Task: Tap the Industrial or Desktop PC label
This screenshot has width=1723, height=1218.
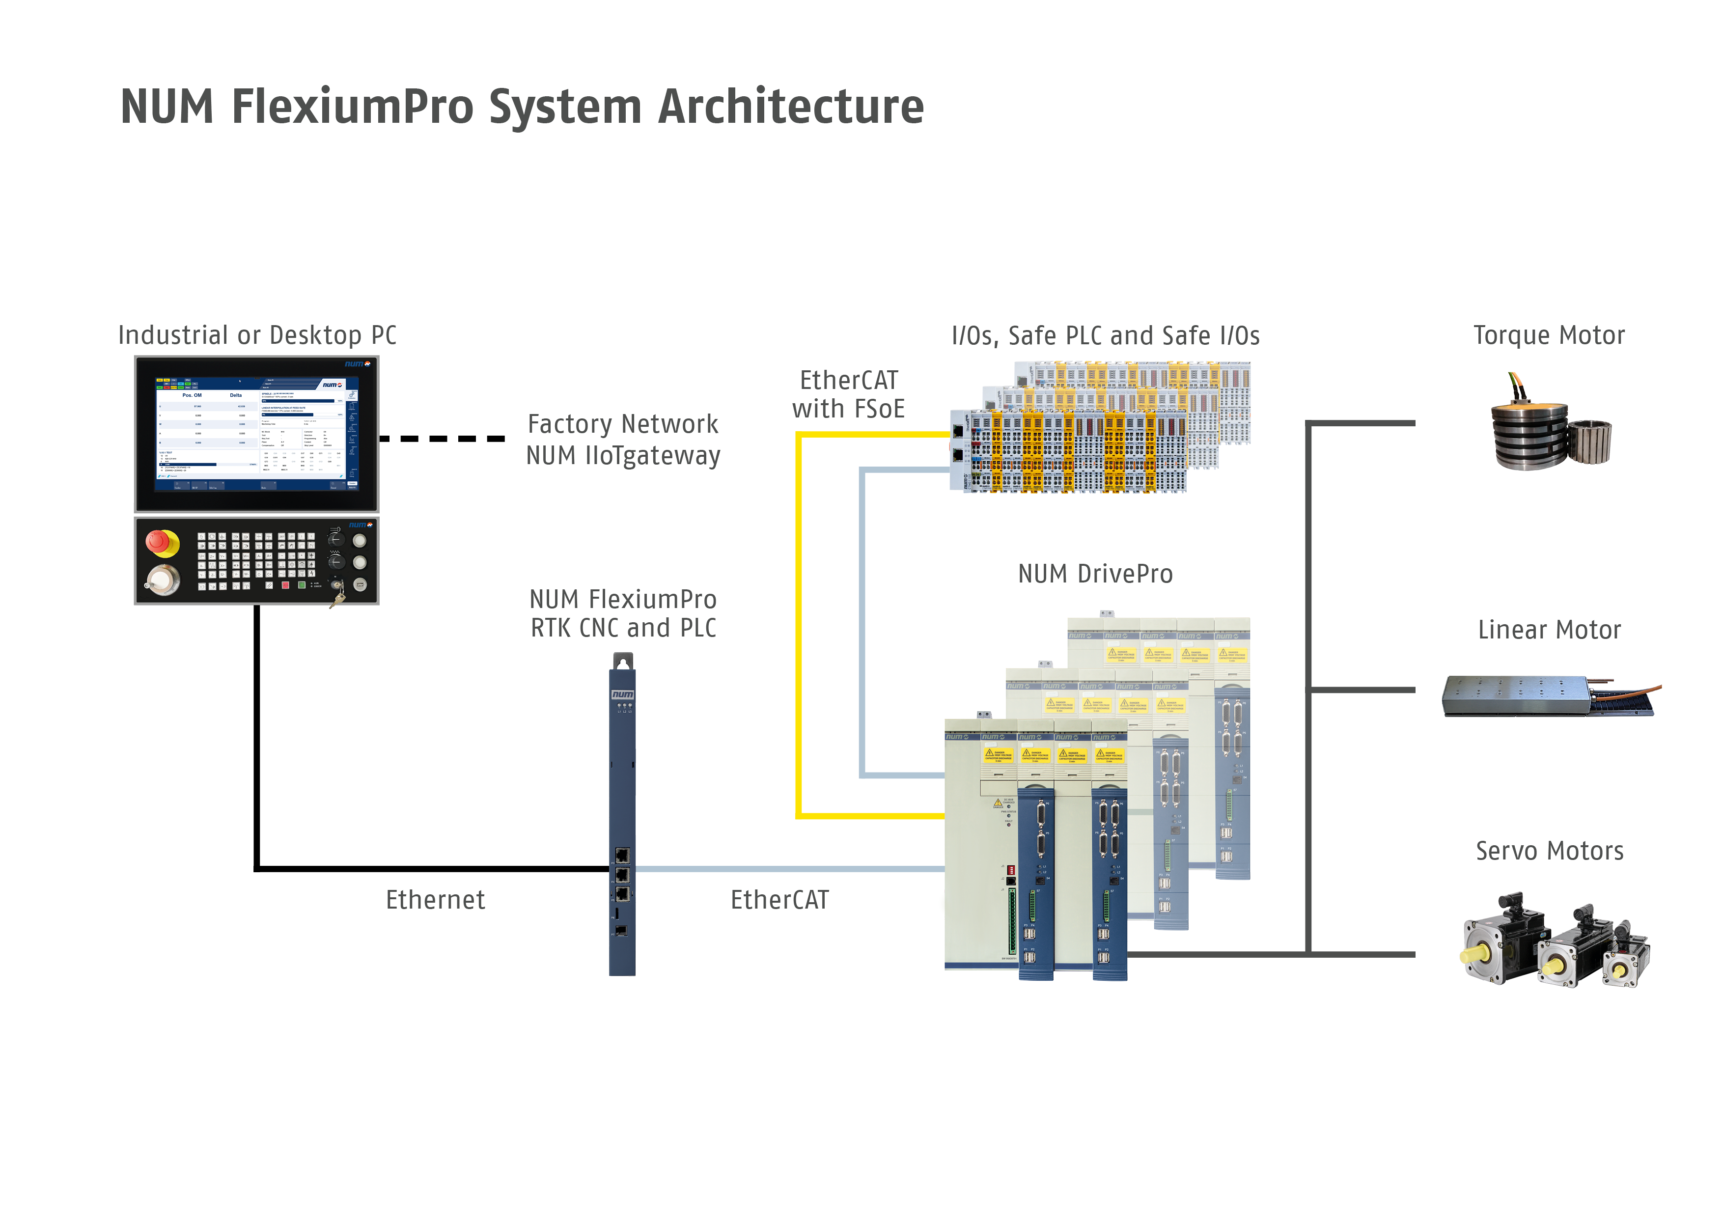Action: [257, 335]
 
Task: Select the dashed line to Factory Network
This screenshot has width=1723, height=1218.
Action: [442, 439]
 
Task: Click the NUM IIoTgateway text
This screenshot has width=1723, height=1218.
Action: [623, 456]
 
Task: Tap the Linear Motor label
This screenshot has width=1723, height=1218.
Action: [1549, 631]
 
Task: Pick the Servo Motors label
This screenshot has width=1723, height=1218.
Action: [1549, 852]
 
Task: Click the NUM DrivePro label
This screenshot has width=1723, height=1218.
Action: [1095, 575]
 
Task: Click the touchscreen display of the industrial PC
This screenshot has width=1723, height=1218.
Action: [257, 434]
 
